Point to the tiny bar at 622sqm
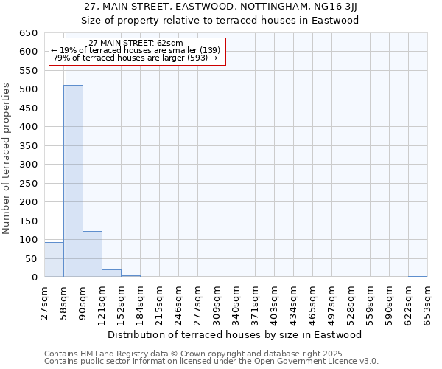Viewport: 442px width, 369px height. coord(417,276)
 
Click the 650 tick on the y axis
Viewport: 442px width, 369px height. coord(29,33)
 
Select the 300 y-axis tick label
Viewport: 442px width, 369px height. coord(29,165)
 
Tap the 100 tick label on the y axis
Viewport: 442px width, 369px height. coord(29,240)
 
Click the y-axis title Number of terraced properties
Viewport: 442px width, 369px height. coord(7,158)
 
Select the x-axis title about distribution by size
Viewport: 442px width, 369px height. coord(240,335)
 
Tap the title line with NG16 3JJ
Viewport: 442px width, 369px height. coord(220,7)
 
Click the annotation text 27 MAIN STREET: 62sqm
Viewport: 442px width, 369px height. coord(136,44)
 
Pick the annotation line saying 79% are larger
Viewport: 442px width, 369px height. coord(136,58)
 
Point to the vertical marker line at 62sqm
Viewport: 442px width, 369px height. coord(66,184)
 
